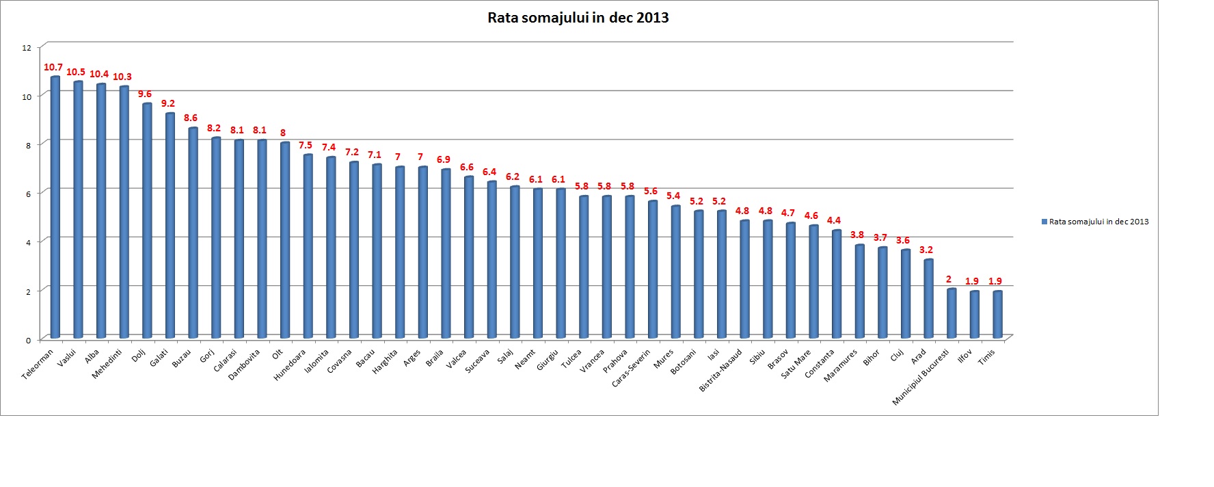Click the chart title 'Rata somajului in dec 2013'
point(578,18)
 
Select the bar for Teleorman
point(55,205)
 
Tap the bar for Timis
point(997,315)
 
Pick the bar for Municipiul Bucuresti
point(952,313)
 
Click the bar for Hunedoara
point(308,246)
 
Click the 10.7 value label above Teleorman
point(53,67)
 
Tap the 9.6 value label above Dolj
point(145,94)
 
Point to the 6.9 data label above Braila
point(444,159)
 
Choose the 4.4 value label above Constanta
point(834,220)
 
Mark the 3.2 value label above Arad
point(926,250)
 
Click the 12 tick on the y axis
point(27,48)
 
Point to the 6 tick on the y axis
point(28,194)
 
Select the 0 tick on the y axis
point(29,340)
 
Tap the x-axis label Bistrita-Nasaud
point(721,370)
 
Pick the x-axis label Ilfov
point(965,356)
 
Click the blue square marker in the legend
point(1044,222)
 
